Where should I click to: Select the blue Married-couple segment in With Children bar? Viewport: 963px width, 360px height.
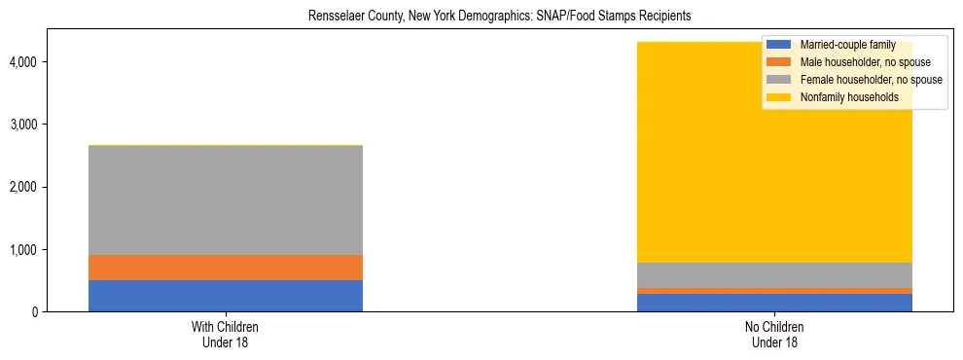(226, 296)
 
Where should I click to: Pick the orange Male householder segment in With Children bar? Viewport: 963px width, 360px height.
(226, 268)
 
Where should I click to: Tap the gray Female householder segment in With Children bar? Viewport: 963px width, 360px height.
(226, 200)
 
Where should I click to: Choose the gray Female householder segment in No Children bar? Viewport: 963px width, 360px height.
(775, 275)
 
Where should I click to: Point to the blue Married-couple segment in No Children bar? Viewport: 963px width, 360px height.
(775, 303)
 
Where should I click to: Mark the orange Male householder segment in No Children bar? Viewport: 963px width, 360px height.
(775, 291)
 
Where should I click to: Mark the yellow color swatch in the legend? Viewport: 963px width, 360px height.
(779, 97)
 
